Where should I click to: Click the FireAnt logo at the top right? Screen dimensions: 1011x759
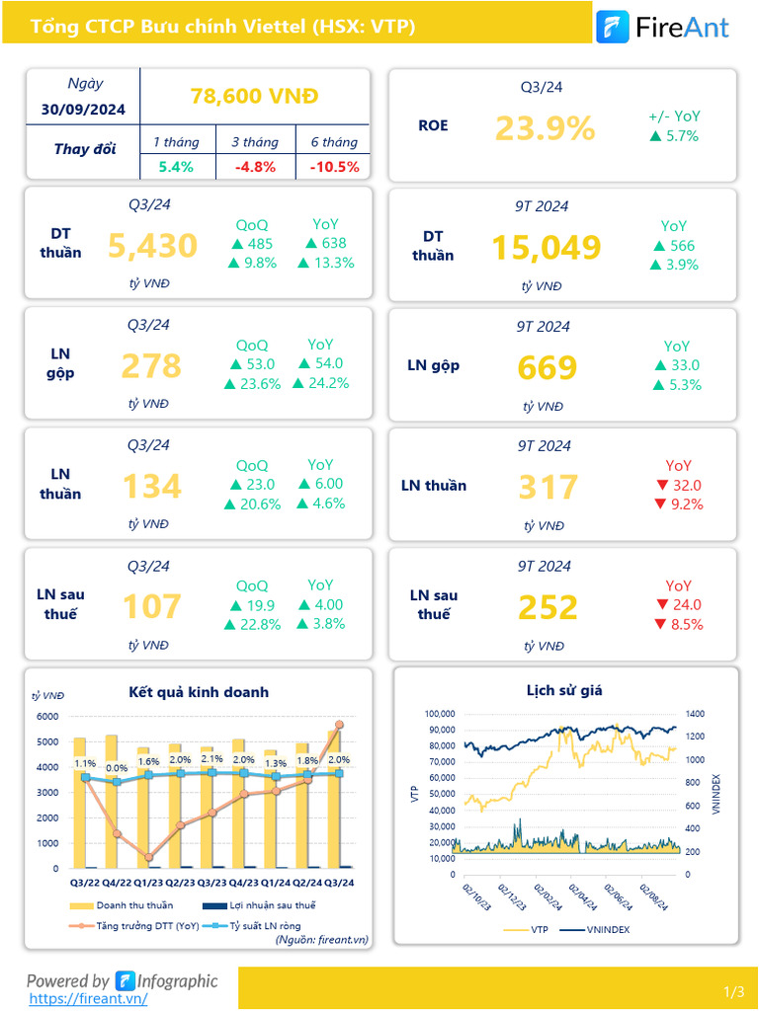663,27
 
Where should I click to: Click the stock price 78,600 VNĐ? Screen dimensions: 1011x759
254,97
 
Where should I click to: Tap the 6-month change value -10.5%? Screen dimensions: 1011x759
334,167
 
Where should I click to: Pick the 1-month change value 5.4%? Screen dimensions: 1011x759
176,167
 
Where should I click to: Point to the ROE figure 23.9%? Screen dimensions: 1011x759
545,127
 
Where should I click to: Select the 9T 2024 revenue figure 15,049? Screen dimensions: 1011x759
547,248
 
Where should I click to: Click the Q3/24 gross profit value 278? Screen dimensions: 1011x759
151,366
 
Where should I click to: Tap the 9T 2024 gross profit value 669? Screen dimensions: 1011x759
547,368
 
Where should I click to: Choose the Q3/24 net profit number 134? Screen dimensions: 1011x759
151,487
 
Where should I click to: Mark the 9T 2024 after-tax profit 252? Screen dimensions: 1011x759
547,607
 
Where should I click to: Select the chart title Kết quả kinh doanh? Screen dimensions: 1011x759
199,692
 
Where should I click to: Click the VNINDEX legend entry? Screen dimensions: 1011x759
599,929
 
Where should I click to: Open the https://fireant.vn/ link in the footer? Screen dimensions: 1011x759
89,998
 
